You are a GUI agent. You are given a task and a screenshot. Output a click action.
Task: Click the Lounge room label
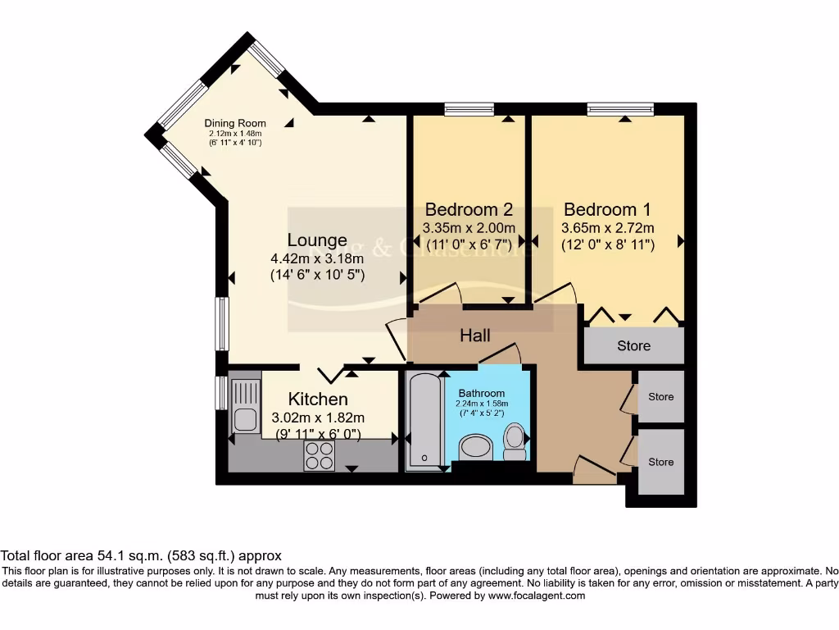[317, 240]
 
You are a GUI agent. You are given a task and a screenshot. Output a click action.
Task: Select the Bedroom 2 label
[469, 209]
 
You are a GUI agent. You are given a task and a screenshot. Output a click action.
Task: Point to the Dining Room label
[235, 124]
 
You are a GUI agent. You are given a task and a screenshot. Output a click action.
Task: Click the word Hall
[475, 336]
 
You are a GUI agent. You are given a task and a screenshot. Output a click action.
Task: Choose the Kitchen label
[319, 399]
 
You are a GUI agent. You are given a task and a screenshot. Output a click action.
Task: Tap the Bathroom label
[483, 393]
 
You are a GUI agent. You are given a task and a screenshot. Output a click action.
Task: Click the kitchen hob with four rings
[319, 455]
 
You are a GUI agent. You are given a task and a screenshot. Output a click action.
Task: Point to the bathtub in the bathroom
[424, 422]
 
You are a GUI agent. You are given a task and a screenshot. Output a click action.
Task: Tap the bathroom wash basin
[475, 448]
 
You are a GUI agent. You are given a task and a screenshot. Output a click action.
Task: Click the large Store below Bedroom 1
[633, 345]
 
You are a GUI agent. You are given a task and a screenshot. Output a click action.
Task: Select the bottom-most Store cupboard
[660, 463]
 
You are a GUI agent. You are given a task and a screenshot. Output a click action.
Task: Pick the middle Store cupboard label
[660, 397]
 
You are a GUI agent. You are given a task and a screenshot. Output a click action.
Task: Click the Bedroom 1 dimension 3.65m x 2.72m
[607, 228]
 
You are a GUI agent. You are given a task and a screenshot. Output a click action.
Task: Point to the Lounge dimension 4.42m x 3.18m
[317, 259]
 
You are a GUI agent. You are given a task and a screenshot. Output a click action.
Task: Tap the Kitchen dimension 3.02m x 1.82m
[318, 418]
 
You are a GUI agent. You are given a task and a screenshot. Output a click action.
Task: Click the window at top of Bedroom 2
[469, 108]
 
